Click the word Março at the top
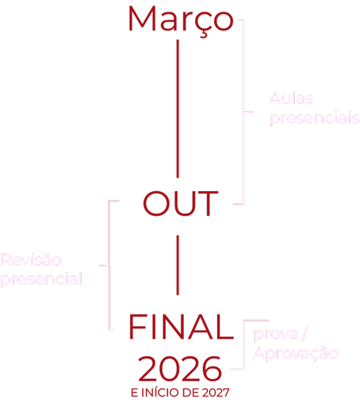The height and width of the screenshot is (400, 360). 180,19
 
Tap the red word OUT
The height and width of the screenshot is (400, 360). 180,204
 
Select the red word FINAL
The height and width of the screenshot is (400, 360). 181,327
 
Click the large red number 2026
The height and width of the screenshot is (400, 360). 180,370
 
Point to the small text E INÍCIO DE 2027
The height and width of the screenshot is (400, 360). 180,392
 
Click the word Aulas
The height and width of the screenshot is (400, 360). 291,99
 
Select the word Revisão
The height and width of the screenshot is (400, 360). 31,261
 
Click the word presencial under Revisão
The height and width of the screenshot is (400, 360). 41,279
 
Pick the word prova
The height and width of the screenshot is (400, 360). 276,335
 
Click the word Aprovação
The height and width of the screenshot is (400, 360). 295,353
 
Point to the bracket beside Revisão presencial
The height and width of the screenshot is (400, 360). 109,264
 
